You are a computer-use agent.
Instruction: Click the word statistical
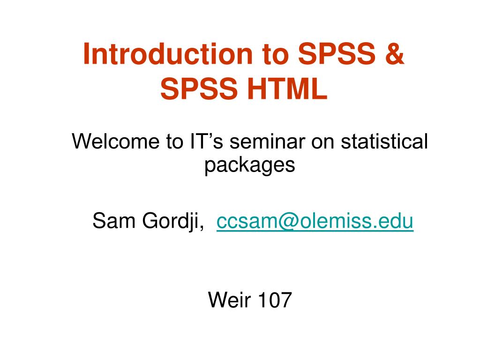pyautogui.click(x=384, y=141)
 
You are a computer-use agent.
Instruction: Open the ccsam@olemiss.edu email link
pyautogui.click(x=315, y=220)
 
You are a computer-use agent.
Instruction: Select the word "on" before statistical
pyautogui.click(x=323, y=141)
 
